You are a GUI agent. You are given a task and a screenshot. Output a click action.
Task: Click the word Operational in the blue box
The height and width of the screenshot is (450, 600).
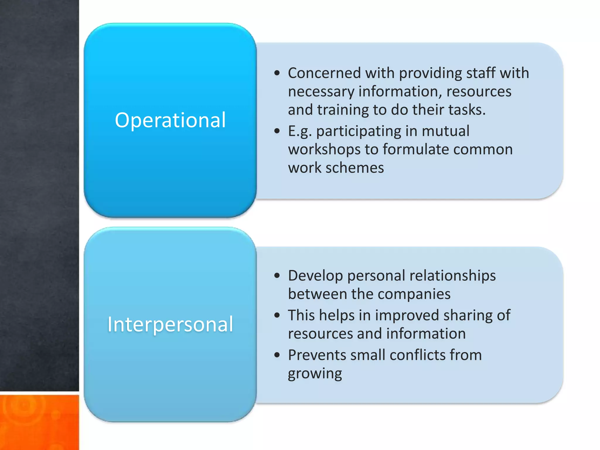click(x=170, y=120)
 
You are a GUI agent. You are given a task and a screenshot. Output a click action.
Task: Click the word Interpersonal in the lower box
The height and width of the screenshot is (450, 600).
click(x=170, y=324)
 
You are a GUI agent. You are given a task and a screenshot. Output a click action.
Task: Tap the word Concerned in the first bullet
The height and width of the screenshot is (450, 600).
click(x=324, y=73)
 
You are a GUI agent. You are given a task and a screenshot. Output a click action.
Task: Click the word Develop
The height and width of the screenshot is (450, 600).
click(x=315, y=276)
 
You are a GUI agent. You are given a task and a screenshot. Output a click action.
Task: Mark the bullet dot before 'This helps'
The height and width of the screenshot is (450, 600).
click(x=277, y=316)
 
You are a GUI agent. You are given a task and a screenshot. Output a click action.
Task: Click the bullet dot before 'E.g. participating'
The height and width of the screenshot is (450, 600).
click(x=277, y=131)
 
